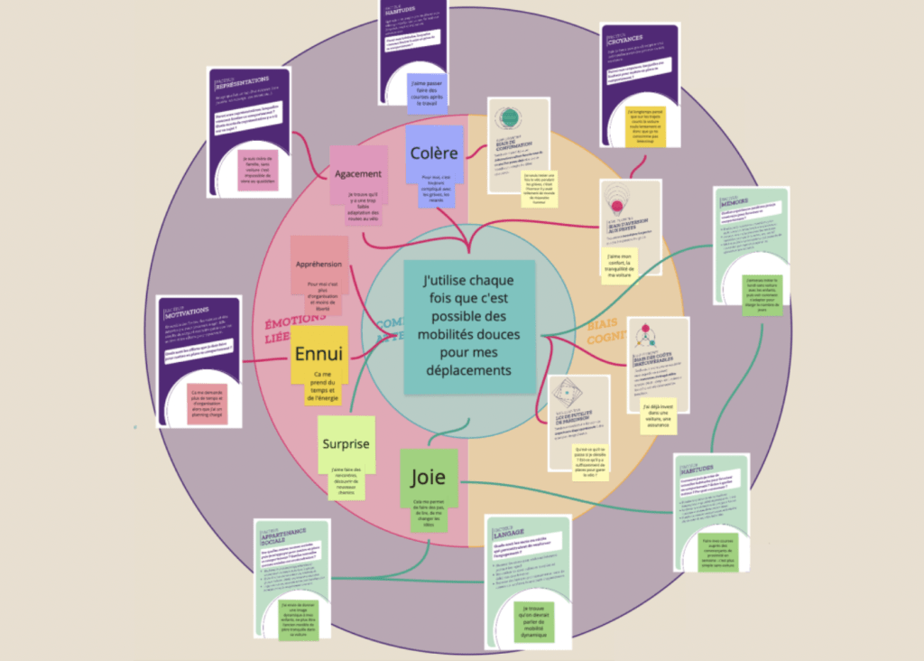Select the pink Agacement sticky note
coord(358,173)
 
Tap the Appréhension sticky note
coord(319,265)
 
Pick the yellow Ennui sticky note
coord(319,353)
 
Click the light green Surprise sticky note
coord(346,443)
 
